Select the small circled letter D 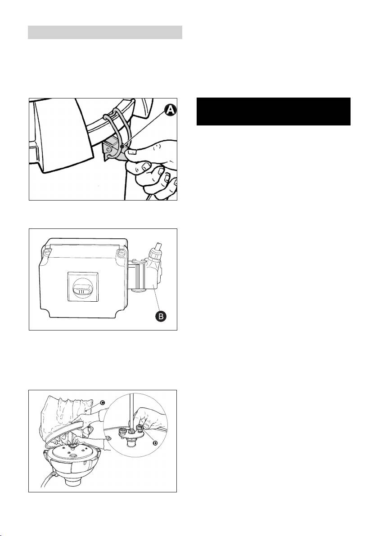pyautogui.click(x=155, y=443)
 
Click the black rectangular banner pyautogui.click(x=274, y=112)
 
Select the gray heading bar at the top pyautogui.click(x=105, y=32)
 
